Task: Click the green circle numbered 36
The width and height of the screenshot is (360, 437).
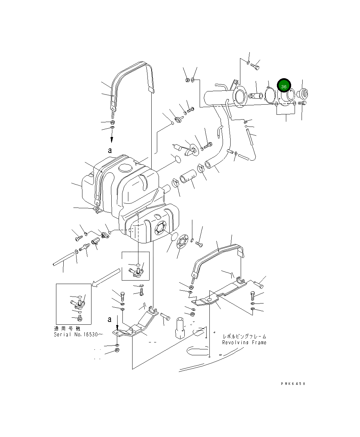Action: click(283, 86)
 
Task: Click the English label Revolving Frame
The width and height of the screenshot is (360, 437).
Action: click(244, 342)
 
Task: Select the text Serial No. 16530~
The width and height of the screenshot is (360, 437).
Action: click(78, 334)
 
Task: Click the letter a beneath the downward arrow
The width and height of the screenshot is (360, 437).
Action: click(110, 151)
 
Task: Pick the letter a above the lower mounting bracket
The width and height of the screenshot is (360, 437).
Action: click(110, 319)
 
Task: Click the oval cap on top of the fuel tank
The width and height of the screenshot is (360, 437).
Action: click(124, 168)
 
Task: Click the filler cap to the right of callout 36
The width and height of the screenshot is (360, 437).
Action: click(303, 94)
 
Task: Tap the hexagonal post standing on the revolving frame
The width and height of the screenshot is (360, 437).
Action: click(180, 328)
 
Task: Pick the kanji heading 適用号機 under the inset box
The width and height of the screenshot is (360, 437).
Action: click(67, 329)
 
